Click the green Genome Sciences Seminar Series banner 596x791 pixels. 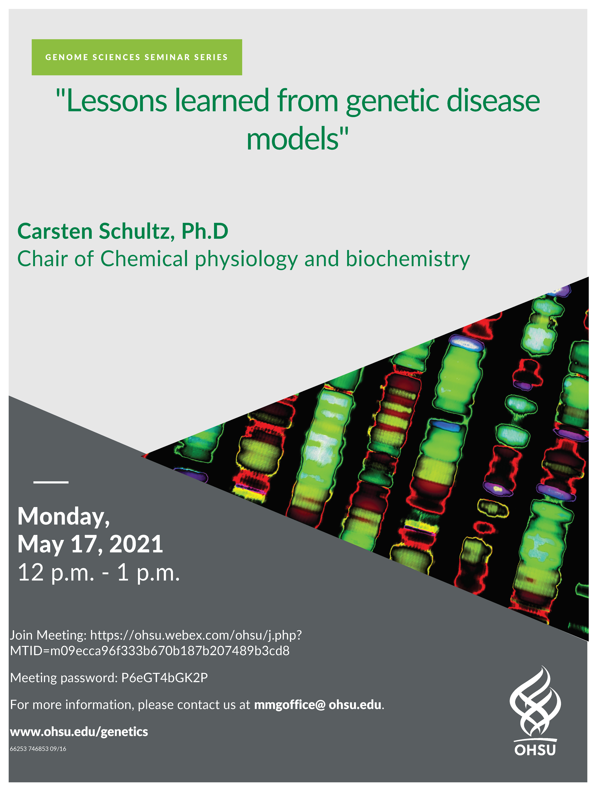[x=137, y=57]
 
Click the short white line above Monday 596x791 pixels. [x=51, y=482]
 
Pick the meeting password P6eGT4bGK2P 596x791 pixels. [x=165, y=678]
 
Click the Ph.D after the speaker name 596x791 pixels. [x=205, y=231]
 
